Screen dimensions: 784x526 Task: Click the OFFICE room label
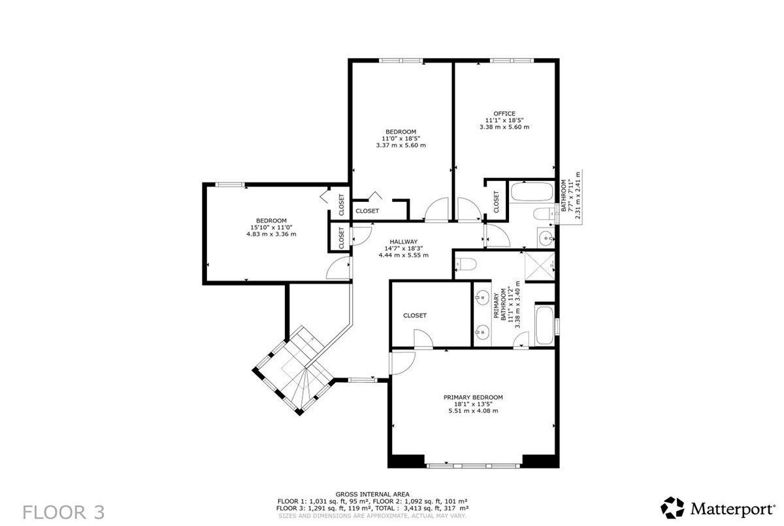(504, 114)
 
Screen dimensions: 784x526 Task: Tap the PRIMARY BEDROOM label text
(473, 397)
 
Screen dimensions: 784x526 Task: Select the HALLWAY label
(404, 242)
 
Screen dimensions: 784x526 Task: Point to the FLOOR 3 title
(64, 512)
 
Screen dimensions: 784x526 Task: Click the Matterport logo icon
(672, 508)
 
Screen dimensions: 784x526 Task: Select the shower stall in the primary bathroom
(540, 266)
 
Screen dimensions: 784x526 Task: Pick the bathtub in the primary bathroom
(544, 325)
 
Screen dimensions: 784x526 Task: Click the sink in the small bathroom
(546, 238)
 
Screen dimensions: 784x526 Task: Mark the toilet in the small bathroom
(544, 213)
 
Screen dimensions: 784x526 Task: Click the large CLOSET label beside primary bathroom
(415, 316)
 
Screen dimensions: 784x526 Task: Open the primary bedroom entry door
(402, 363)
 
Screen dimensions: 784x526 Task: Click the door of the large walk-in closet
(423, 338)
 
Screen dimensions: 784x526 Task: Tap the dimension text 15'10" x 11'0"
(271, 227)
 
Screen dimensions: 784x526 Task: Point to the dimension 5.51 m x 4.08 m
(473, 410)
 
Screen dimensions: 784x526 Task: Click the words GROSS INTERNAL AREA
(372, 494)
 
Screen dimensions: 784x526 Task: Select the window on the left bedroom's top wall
(229, 184)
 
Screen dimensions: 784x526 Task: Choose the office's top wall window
(512, 61)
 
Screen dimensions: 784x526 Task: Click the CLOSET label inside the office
(496, 202)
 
